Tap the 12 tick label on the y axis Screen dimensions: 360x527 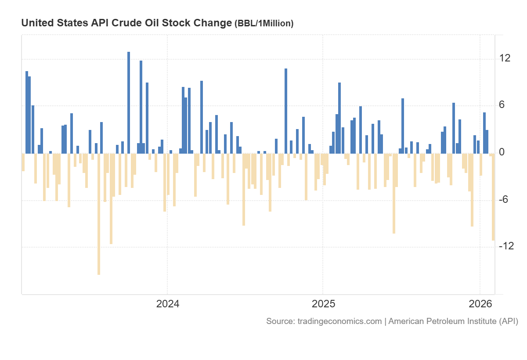coord(505,58)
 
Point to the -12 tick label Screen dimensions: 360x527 coord(506,246)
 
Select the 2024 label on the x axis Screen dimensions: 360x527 coord(167,304)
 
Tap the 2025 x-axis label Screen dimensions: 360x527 coord(323,304)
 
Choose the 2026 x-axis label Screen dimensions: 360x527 coord(480,304)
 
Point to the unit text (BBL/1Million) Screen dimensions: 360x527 coord(264,24)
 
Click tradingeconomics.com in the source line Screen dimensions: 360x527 coord(339,321)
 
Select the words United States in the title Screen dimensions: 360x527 coord(48,23)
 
